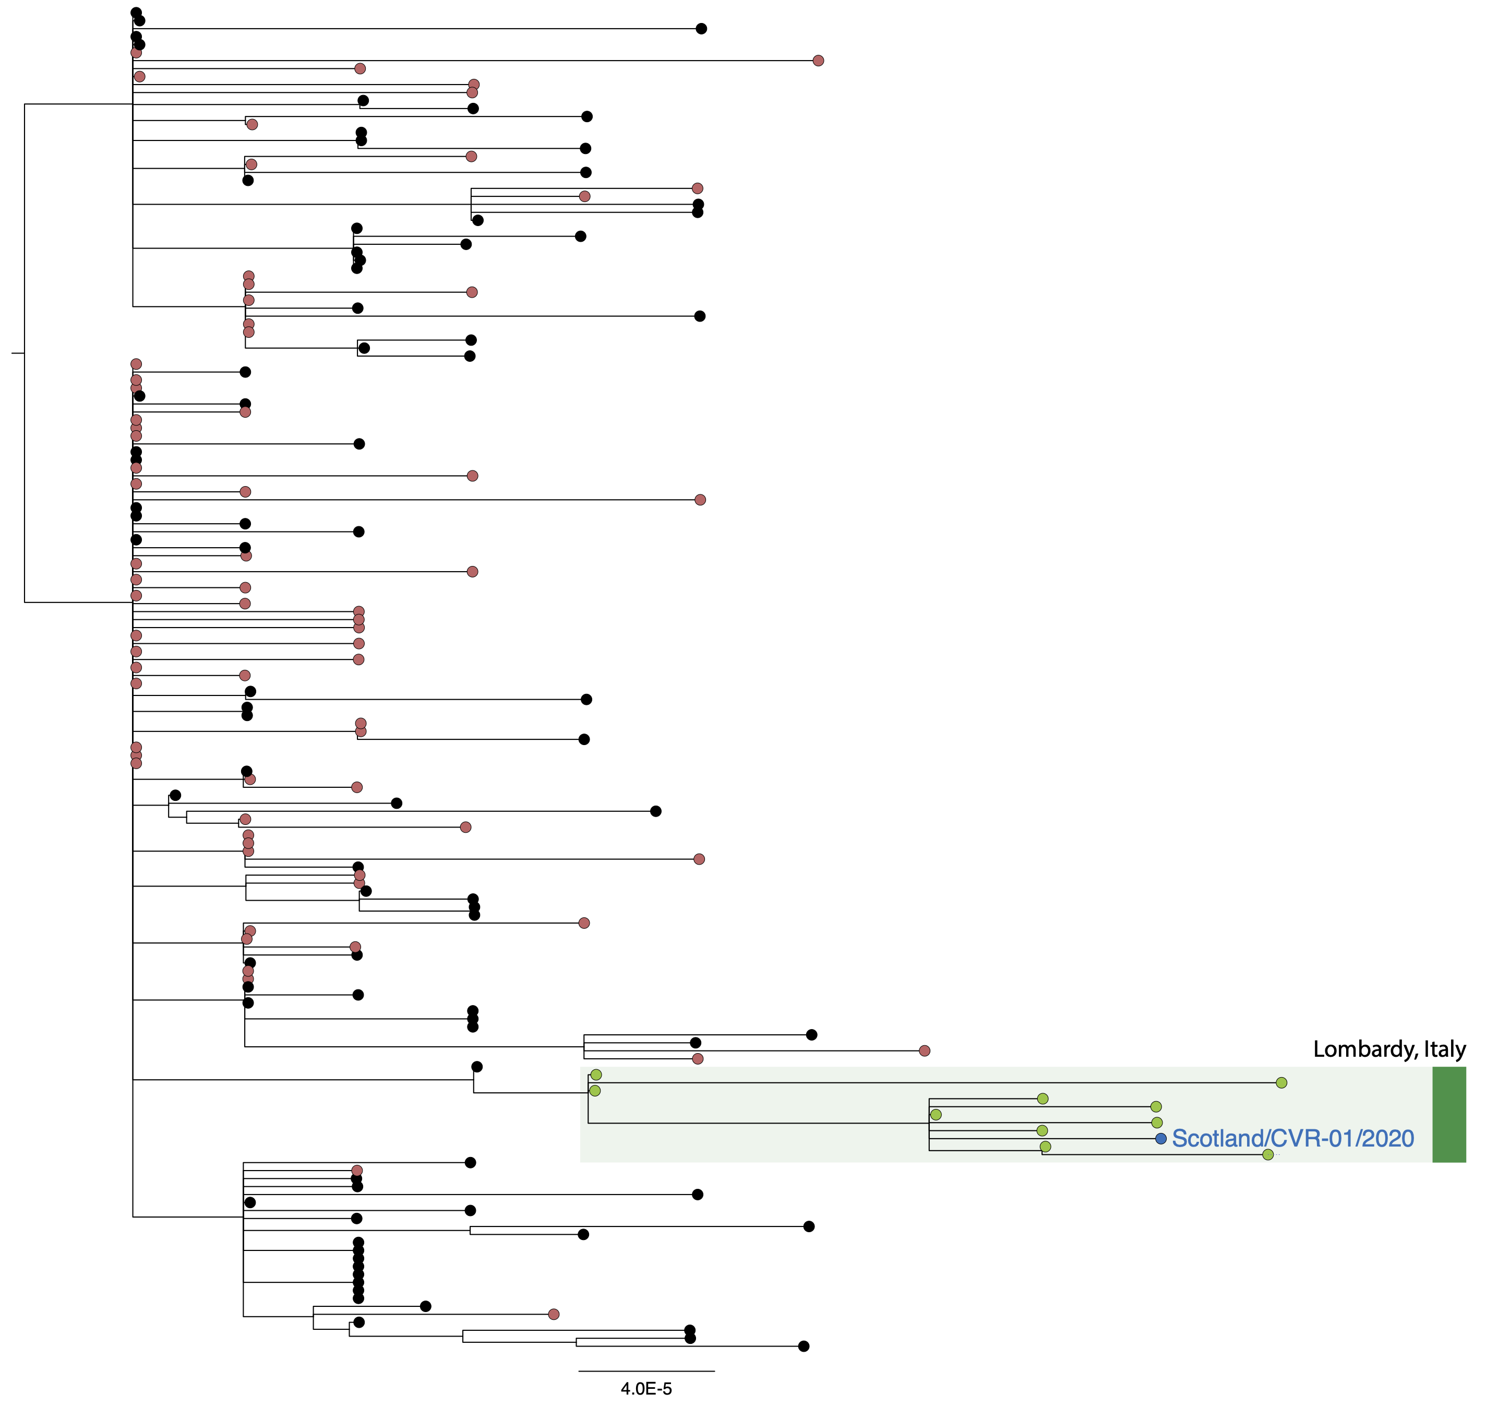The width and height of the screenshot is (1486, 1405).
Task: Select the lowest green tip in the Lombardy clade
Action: [1267, 1155]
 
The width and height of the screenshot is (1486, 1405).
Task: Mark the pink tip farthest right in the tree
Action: [925, 1051]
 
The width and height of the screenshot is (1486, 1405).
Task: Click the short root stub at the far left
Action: [18, 353]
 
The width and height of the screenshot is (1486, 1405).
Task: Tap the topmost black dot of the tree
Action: [136, 13]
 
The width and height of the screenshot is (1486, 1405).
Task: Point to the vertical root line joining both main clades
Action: [25, 353]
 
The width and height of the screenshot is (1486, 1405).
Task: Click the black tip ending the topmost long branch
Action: [701, 29]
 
